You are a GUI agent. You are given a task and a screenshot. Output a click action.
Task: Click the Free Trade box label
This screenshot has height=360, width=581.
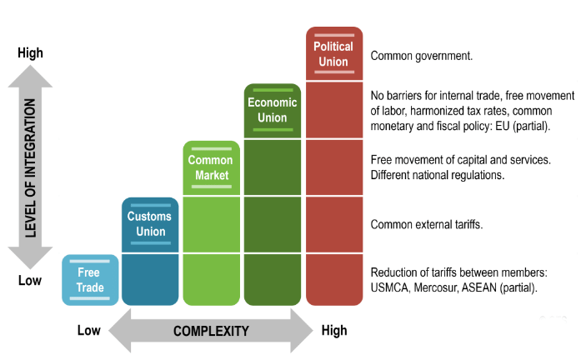[89, 280]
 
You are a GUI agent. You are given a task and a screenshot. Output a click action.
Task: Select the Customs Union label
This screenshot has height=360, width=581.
[150, 223]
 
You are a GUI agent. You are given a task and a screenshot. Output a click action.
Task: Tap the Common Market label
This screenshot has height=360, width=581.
[210, 167]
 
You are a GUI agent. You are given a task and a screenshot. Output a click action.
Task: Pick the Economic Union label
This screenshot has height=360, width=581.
[272, 110]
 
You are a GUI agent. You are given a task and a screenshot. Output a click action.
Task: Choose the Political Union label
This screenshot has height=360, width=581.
[333, 53]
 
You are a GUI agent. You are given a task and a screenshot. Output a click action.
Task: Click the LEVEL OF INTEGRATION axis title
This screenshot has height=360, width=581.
[31, 167]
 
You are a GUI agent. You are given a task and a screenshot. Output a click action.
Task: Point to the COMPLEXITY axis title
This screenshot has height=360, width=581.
[211, 331]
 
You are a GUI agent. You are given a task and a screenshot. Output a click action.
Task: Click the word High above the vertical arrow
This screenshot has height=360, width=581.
[30, 53]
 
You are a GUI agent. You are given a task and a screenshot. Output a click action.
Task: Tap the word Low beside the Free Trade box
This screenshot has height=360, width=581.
[30, 281]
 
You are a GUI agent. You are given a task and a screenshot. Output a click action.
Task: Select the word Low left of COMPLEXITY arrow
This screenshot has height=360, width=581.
[89, 331]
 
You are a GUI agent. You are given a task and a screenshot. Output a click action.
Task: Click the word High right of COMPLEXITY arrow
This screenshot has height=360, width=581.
[334, 331]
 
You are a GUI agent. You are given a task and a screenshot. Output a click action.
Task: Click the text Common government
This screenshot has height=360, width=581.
[422, 57]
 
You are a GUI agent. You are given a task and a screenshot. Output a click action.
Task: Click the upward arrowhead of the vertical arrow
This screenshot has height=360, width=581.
[31, 77]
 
